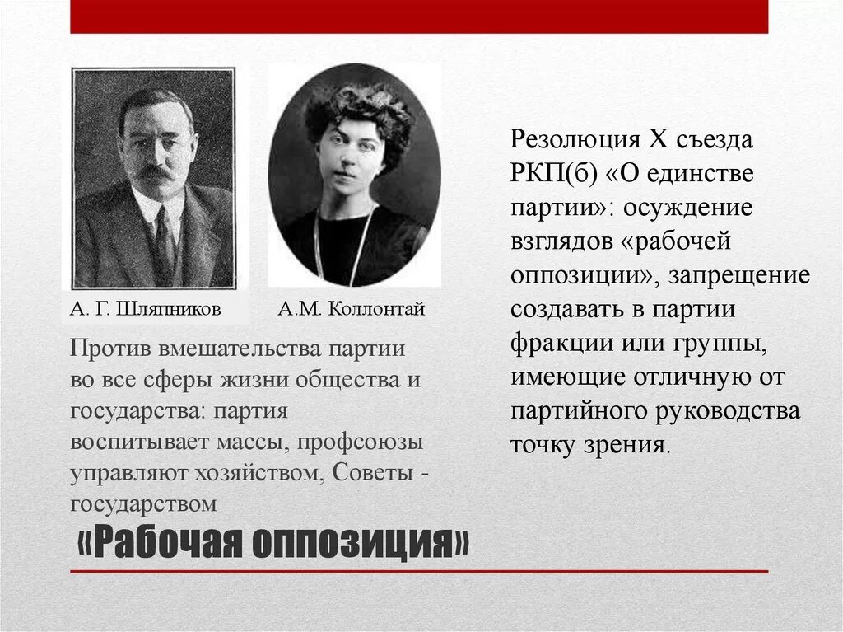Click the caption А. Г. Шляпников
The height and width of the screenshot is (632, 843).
click(145, 310)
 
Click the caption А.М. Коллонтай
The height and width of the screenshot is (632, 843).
click(352, 310)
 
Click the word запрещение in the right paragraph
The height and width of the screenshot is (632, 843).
click(739, 276)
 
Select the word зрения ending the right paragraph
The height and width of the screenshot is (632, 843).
click(633, 445)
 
